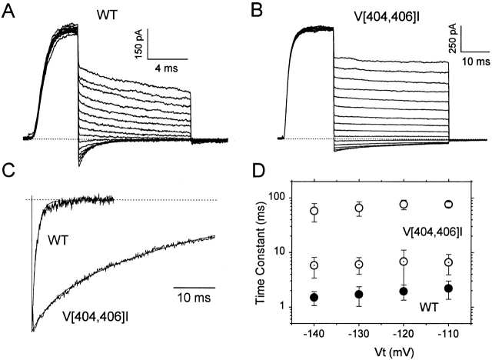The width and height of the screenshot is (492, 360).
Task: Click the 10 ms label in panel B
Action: [x=471, y=58]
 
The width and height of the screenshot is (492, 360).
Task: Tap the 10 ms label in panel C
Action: [x=194, y=298]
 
